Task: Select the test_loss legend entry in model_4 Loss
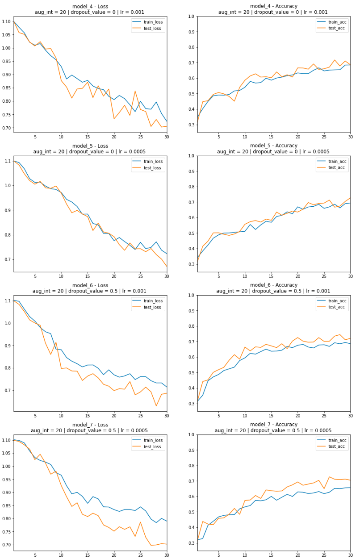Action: point(153,29)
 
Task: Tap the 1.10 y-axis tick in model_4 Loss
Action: point(7,21)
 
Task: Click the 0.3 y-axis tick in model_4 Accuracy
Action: point(191,125)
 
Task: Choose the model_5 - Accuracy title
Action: point(273,146)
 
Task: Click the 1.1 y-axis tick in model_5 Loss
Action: point(9,161)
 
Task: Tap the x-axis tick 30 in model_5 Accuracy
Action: point(350,276)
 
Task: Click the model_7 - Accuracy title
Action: point(273,424)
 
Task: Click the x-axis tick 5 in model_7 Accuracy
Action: point(218,555)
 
